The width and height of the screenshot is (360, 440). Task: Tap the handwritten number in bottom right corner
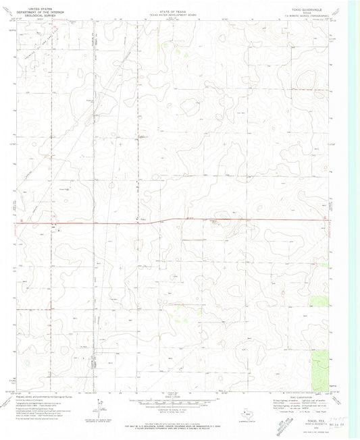tap(338, 420)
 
